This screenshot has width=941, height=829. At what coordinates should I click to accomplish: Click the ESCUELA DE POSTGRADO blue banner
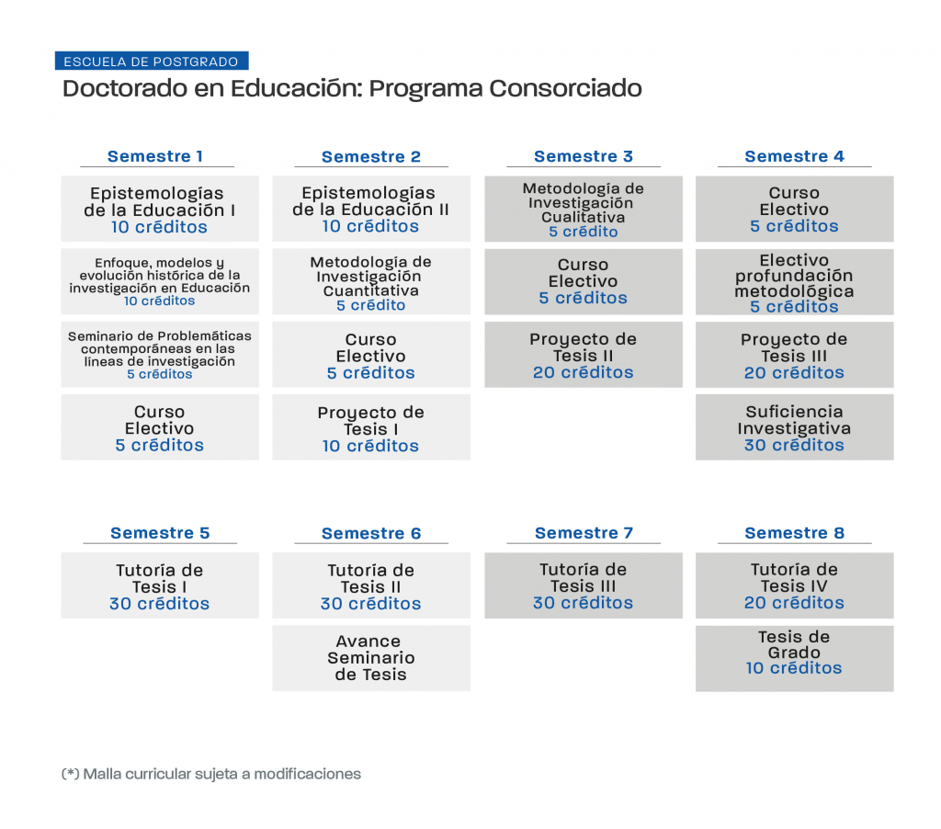152,62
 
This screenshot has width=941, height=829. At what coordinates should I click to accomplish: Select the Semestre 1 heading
155,156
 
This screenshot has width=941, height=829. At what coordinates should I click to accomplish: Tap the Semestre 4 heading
794,156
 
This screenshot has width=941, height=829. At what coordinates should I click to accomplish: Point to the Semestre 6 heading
371,533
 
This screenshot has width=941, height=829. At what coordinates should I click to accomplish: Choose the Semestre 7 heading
584,532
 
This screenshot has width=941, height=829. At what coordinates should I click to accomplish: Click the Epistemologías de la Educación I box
160,209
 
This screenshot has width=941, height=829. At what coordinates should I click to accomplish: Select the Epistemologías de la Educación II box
371,209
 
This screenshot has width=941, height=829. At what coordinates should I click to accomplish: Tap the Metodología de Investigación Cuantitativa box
371,282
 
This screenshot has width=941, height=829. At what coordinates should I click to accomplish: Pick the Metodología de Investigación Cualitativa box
584,209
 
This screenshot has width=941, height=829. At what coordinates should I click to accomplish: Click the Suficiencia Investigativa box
795,427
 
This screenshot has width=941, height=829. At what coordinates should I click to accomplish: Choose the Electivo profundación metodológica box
795,282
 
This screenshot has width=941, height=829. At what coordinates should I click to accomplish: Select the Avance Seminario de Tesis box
371,658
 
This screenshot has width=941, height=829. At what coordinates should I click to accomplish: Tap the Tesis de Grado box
795,659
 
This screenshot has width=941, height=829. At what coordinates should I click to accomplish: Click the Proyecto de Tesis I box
371,427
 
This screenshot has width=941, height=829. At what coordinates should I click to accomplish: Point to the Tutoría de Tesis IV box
795,585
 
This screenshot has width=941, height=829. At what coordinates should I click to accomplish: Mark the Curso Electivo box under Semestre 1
160,427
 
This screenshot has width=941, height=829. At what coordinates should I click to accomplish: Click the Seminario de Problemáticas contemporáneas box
160,355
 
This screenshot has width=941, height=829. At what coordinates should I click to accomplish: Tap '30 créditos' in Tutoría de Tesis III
583,603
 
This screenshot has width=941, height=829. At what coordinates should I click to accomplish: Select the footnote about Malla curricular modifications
211,774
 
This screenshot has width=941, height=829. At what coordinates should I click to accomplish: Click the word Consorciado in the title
565,88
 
